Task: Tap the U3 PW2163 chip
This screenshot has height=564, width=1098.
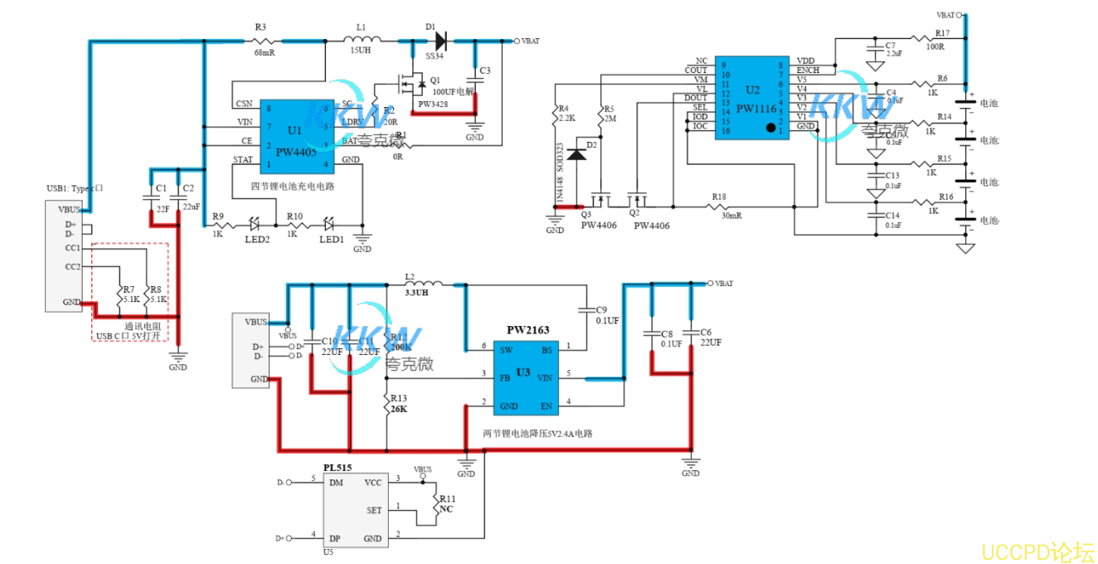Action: pyautogui.click(x=524, y=377)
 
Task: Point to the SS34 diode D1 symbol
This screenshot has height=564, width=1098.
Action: pyautogui.click(x=440, y=40)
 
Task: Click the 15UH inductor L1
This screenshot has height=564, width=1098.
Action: pyautogui.click(x=362, y=39)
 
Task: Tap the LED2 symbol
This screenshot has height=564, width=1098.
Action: pyautogui.click(x=255, y=224)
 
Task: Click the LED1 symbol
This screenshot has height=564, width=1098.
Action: pyautogui.click(x=329, y=224)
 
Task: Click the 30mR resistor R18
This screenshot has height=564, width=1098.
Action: pyautogui.click(x=718, y=206)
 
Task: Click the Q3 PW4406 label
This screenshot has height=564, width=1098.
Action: pyautogui.click(x=597, y=225)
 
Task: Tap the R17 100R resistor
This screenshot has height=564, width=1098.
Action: pyautogui.click(x=928, y=37)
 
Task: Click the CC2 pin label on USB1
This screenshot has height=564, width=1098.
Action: pyautogui.click(x=73, y=267)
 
